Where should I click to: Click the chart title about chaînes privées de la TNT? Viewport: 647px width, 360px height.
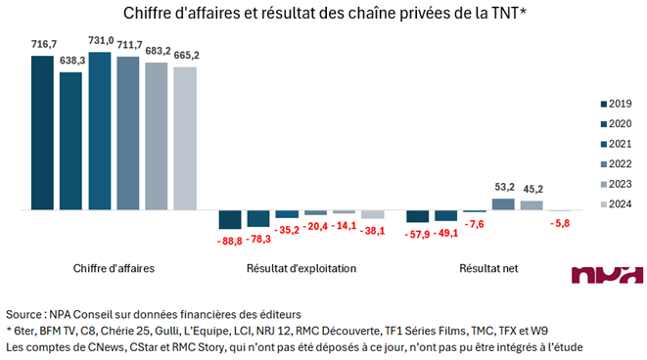coord(323,14)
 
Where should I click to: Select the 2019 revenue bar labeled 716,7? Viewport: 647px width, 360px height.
coord(42,132)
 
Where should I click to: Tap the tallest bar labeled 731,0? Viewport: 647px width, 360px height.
coord(99,130)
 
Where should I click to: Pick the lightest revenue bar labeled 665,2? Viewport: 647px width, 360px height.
coord(185,138)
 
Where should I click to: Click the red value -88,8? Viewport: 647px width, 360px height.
coord(230,239)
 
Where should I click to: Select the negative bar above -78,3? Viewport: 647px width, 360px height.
coord(258,218)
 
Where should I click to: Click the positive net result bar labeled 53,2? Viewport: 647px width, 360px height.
coord(503,204)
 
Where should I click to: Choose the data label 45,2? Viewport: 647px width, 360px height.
coord(531,190)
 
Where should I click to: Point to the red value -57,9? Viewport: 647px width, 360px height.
coord(418,234)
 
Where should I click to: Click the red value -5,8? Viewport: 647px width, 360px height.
coord(561,222)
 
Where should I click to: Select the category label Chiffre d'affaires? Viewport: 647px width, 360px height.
coord(114,268)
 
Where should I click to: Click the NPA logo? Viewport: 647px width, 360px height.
coord(607,276)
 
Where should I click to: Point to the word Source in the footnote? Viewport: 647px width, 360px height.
coord(23,315)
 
